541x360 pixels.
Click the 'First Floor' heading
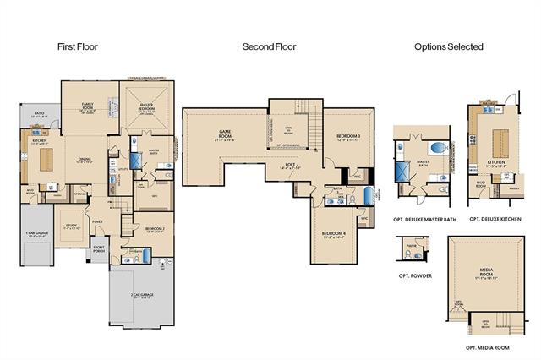[77, 47]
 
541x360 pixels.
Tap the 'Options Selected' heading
[448, 47]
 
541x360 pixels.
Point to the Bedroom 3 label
[348, 137]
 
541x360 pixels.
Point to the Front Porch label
[100, 248]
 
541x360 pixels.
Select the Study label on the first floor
[73, 226]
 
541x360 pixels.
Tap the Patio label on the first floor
[39, 112]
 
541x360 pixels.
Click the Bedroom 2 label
[154, 229]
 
